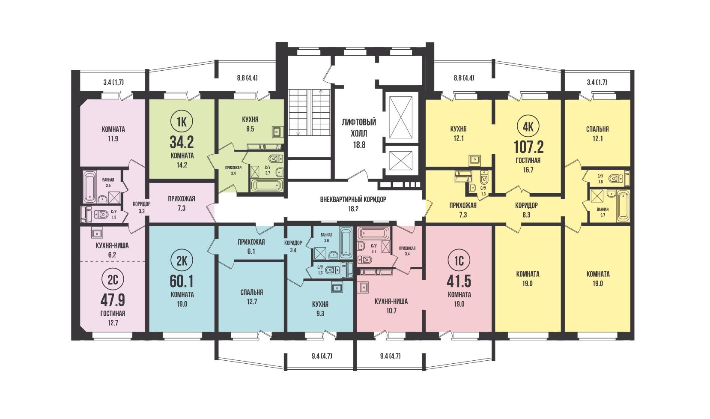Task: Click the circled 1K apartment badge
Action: (182, 122)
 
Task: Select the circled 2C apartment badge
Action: (113, 280)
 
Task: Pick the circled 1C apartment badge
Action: (459, 261)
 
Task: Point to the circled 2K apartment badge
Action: (182, 261)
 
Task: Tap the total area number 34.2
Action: (182, 142)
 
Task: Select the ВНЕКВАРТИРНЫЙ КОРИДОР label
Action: (353, 200)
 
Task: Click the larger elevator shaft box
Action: (401, 117)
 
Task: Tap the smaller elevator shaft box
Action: (401, 161)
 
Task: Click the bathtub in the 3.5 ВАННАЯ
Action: (89, 187)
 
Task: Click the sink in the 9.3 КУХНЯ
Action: (336, 288)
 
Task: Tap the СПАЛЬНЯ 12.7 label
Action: (252, 297)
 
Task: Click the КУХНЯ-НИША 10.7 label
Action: (391, 306)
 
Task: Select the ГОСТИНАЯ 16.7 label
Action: (528, 165)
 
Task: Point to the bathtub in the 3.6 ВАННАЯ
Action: (346, 242)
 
